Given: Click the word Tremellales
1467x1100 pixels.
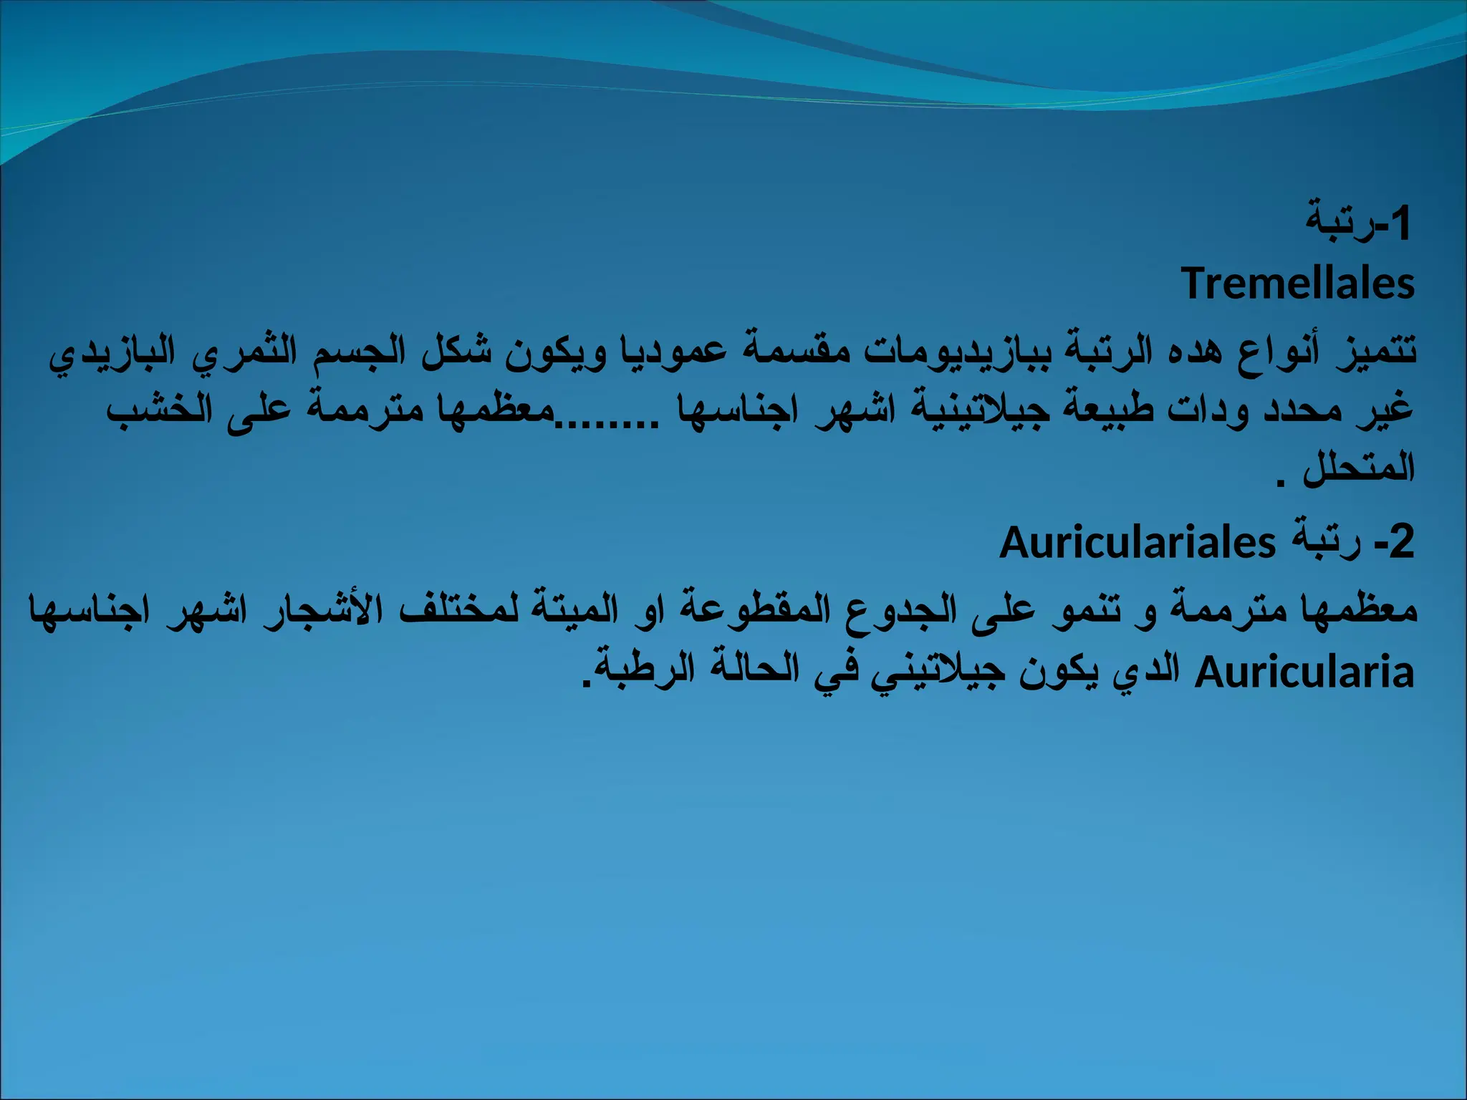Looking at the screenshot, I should pyautogui.click(x=1297, y=284).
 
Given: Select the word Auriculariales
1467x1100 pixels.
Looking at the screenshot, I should pyautogui.click(x=1137, y=543).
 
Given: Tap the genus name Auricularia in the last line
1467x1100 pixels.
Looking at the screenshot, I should pyautogui.click(x=1304, y=673).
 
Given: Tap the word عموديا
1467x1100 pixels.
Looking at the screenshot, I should pyautogui.click(x=674, y=351).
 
